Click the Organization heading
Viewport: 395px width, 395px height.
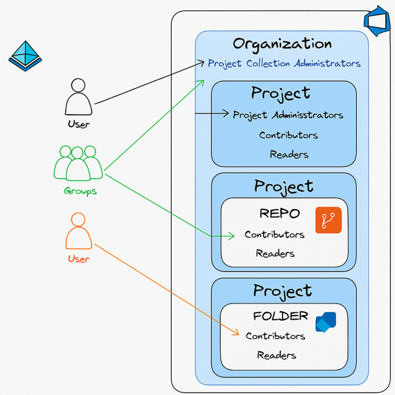pos(282,44)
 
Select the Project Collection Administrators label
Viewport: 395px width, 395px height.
pos(284,64)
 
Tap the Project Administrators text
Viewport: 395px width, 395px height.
pos(288,115)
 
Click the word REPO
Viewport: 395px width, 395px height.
pos(279,213)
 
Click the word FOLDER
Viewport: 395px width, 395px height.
pos(280,316)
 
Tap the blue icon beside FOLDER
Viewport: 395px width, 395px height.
pos(326,322)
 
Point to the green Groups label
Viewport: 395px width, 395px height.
pos(80,191)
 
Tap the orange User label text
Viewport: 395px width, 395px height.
pos(79,259)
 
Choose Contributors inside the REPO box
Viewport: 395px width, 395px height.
pos(275,235)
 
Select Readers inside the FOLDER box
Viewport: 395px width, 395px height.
pos(277,355)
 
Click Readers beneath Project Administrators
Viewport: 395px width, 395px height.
pos(289,154)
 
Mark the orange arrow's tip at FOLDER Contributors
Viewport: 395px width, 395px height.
pos(237,334)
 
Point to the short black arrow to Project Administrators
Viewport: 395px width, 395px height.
pos(212,114)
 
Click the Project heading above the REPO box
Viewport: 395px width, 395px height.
pos(283,186)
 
